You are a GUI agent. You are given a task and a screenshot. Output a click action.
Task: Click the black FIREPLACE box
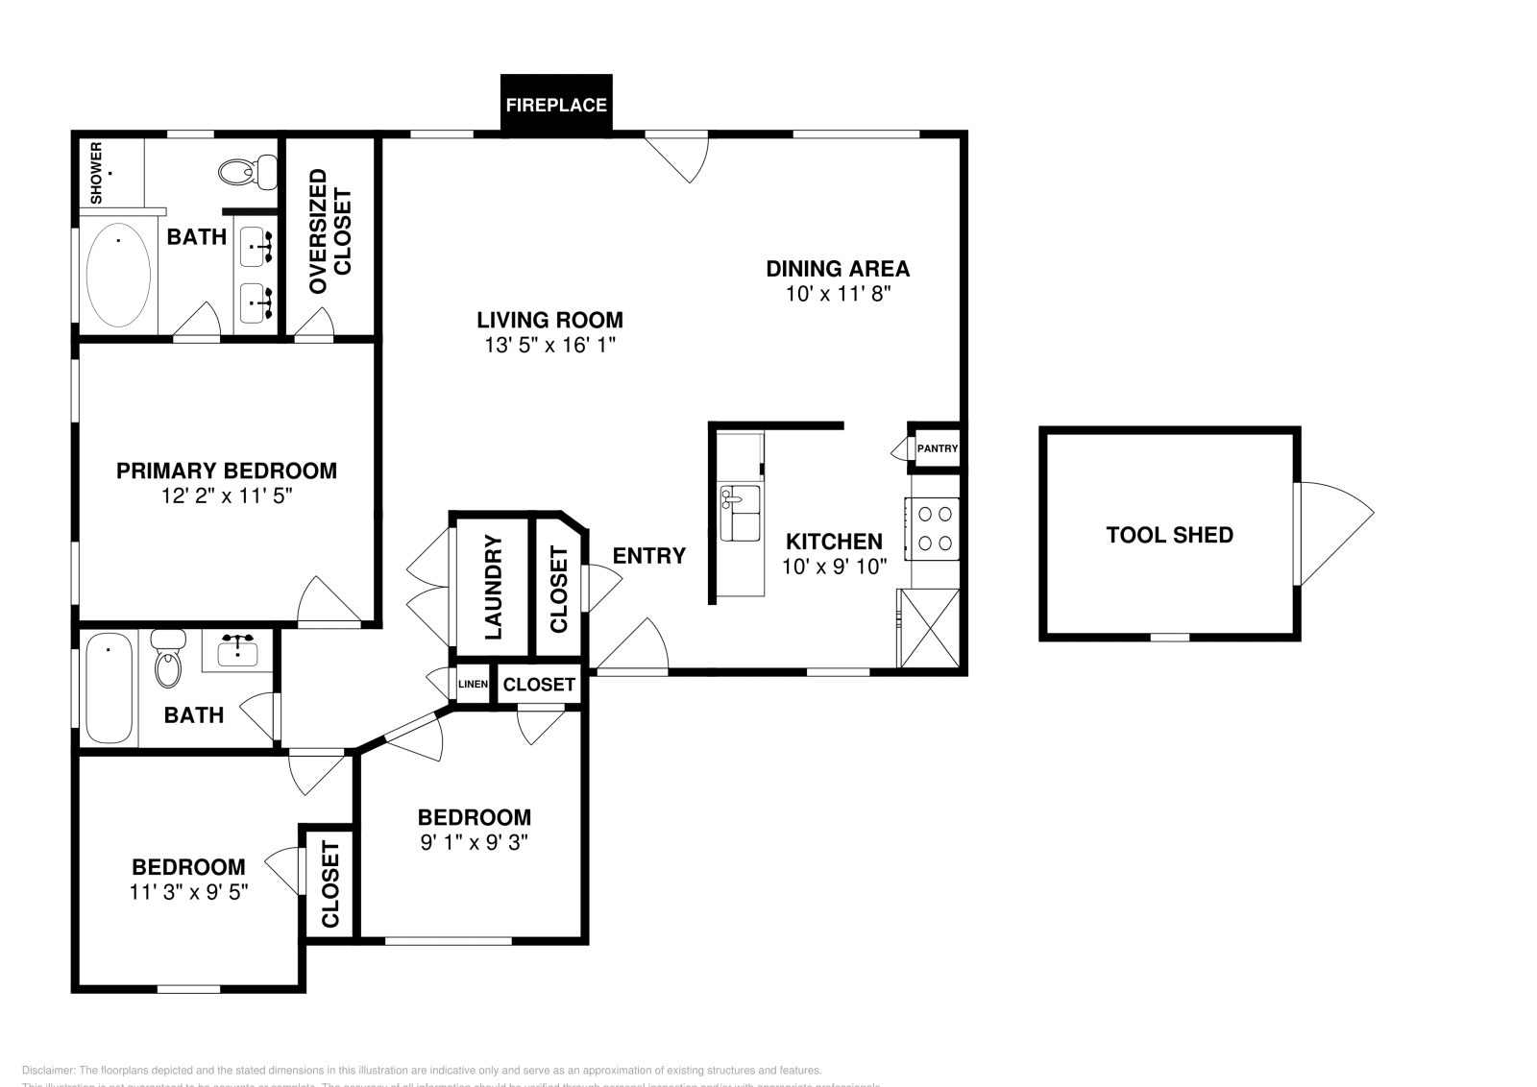click(x=556, y=105)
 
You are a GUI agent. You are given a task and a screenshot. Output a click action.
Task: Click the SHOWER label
click(x=96, y=173)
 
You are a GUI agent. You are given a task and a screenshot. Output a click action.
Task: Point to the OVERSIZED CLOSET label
click(x=330, y=231)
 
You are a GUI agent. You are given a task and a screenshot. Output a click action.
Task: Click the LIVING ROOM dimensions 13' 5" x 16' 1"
click(x=549, y=346)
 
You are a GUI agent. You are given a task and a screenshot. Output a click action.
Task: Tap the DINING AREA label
click(x=837, y=269)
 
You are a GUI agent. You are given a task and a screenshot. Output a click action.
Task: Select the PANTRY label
click(x=937, y=448)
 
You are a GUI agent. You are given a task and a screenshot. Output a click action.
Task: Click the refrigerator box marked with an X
click(x=929, y=628)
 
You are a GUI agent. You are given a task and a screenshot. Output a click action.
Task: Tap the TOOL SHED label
click(x=1169, y=535)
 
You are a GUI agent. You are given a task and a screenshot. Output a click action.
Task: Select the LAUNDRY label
click(x=493, y=588)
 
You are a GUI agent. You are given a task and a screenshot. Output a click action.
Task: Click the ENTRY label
click(x=649, y=555)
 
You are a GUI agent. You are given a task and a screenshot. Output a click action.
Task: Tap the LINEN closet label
click(x=473, y=685)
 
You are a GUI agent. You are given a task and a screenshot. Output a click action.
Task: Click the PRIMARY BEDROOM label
click(x=227, y=471)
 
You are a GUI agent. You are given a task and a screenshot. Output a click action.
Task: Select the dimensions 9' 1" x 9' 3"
click(x=475, y=842)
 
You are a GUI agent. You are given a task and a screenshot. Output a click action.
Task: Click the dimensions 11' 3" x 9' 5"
click(x=188, y=891)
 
